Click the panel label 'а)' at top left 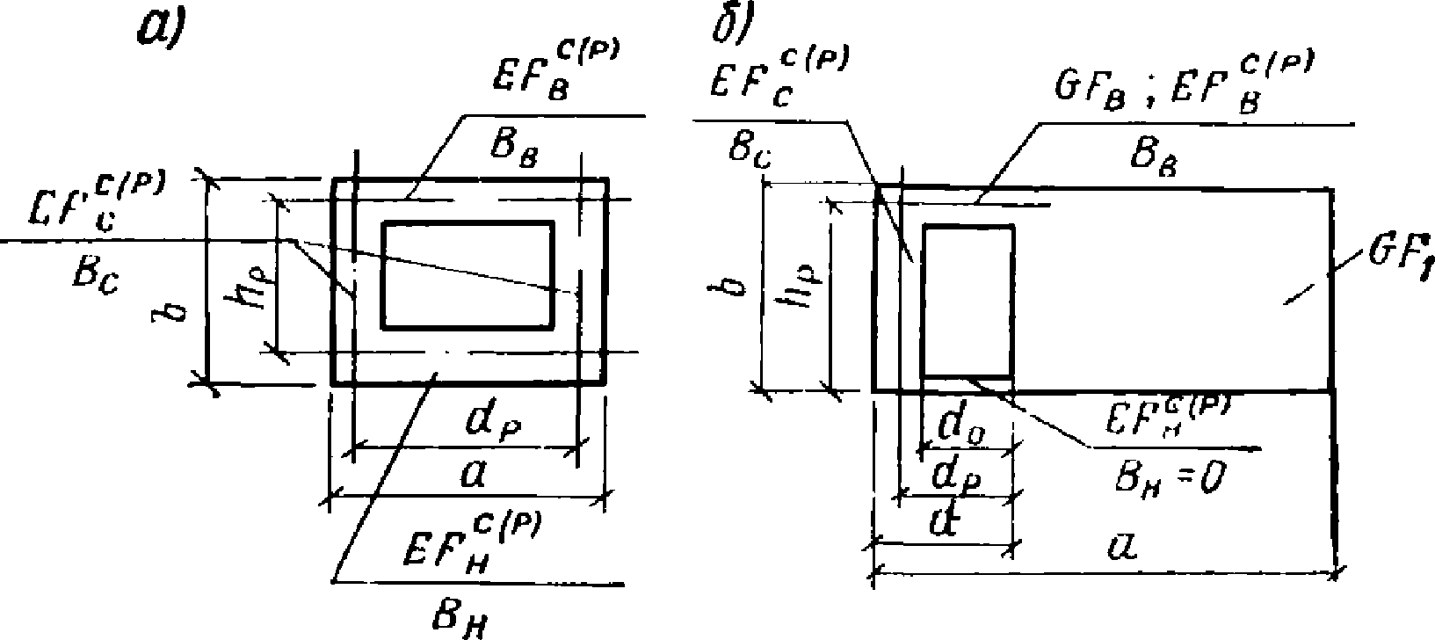[x=160, y=30]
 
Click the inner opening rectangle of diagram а [x=467, y=275]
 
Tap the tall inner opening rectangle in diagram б [x=967, y=301]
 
